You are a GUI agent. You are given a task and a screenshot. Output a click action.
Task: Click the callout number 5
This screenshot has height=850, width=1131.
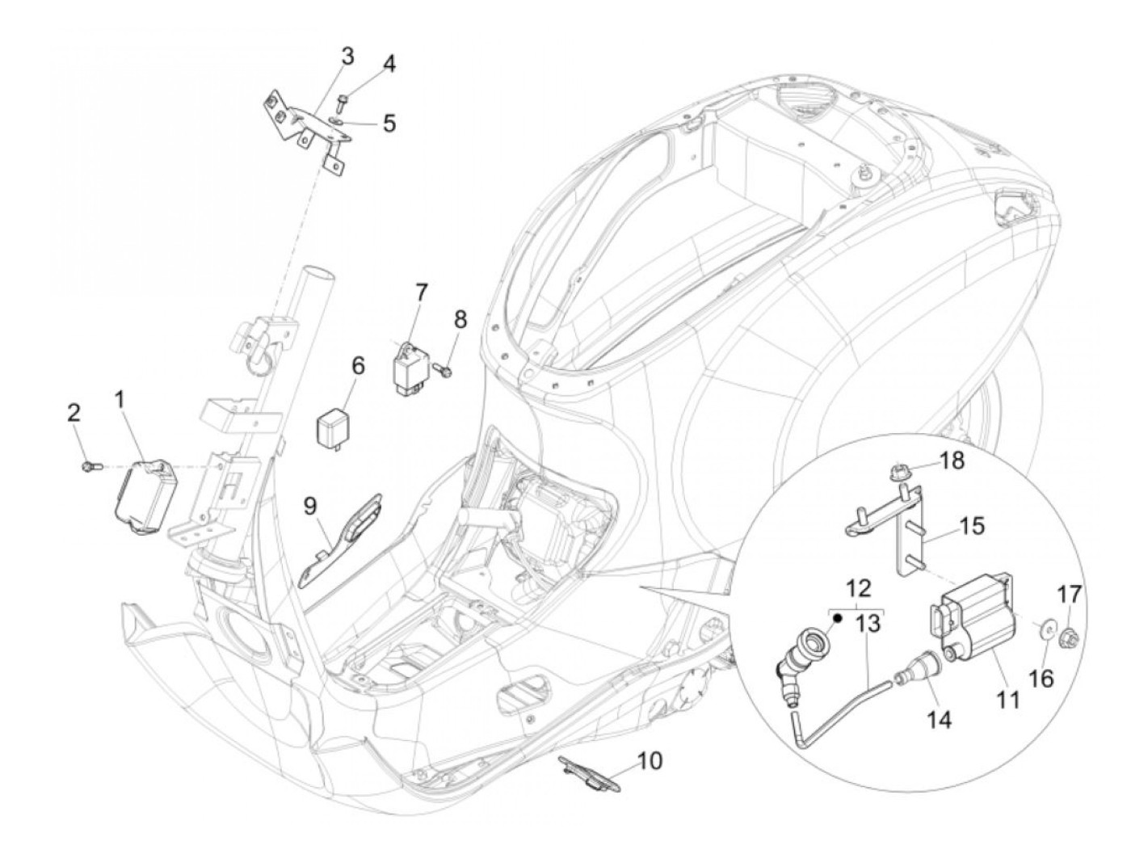click(x=389, y=123)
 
